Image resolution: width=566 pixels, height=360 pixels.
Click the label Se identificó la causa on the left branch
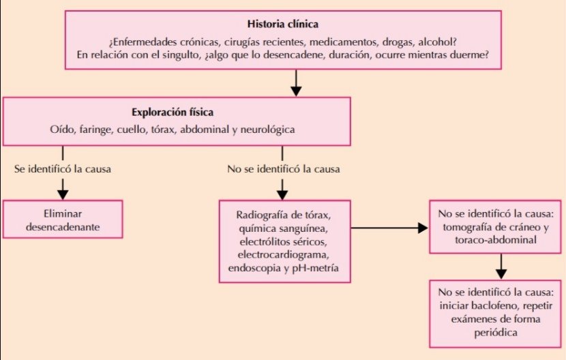point(62,168)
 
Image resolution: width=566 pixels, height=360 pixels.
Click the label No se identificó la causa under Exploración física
point(284,168)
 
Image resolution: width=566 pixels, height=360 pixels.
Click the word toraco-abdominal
point(492,241)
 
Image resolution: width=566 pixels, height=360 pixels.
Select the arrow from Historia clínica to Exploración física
point(295,83)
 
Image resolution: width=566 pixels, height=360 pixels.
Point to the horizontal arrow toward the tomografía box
point(389,228)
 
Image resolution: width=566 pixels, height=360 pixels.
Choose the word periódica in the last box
point(498,332)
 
